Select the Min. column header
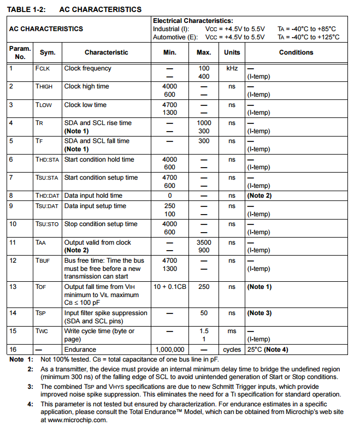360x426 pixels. pos(169,52)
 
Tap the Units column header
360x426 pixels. pos(232,52)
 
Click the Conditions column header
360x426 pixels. pos(296,52)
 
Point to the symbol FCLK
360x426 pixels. pos(43,69)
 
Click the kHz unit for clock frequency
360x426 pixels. pos(232,69)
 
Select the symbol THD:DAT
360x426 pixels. pos(48,196)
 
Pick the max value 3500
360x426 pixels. pos(204,242)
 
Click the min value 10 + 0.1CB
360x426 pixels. pos(169,287)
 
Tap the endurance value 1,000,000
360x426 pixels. pos(170,350)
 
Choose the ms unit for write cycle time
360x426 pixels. pos(232,332)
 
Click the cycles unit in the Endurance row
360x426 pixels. pos(232,350)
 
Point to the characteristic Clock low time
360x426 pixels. pos(85,105)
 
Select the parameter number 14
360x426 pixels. pos(13,313)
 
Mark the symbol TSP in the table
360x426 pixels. pos(41,313)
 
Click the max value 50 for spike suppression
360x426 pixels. pos(204,313)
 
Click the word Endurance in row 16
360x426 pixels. pos(80,350)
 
